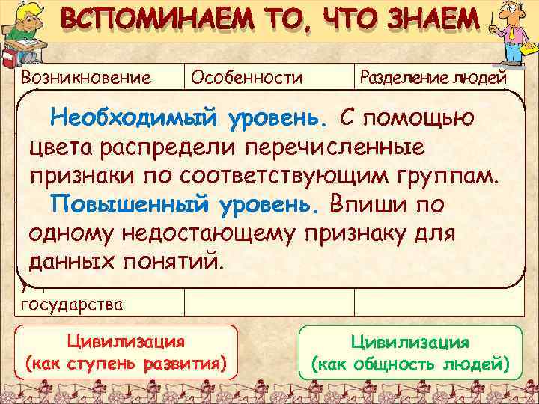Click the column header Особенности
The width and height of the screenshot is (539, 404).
tap(246, 76)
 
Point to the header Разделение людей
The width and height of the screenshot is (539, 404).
tap(434, 76)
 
